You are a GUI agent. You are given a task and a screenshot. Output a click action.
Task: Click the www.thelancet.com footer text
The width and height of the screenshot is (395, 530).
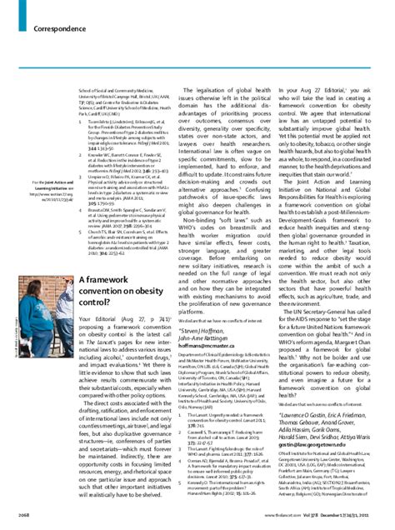tap(276, 517)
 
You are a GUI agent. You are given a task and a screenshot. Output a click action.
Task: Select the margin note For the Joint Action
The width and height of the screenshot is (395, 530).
tap(32, 183)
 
